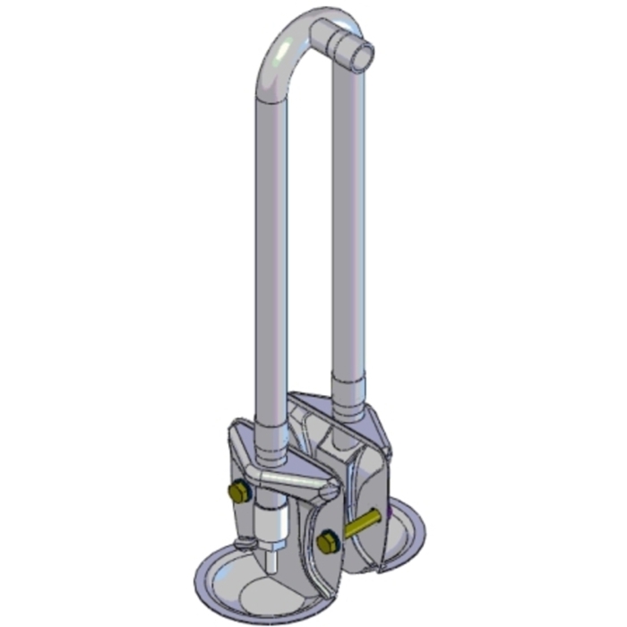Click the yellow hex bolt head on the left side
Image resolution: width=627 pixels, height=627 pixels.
tap(239, 492)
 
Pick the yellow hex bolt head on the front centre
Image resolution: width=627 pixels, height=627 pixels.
tap(327, 542)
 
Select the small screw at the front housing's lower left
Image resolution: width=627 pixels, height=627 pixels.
tap(243, 544)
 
